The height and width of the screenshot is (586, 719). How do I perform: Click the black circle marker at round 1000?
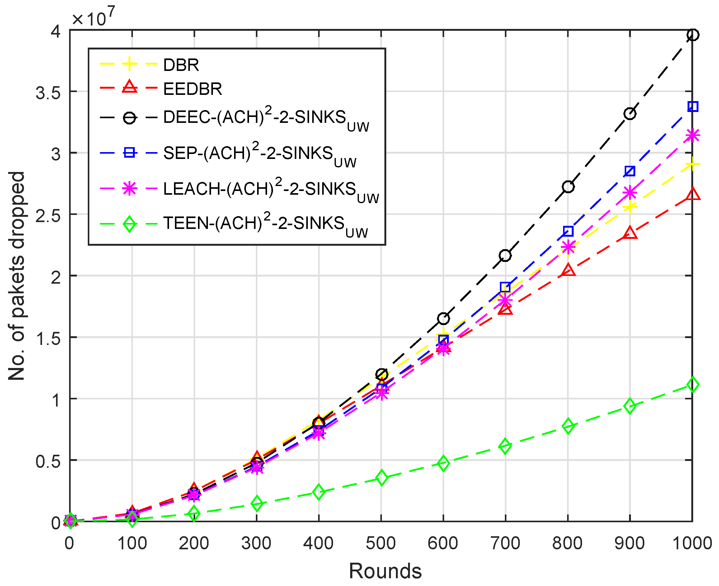(693, 35)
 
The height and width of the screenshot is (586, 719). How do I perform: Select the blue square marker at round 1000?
(693, 107)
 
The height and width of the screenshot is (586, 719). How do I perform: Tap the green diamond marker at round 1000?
(693, 385)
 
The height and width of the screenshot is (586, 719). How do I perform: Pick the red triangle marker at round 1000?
(693, 194)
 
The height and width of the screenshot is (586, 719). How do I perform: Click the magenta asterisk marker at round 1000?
(693, 135)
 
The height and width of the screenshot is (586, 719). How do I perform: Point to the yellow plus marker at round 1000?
(693, 165)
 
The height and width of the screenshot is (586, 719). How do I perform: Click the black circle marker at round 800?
(568, 187)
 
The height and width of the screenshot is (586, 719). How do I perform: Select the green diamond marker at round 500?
(381, 478)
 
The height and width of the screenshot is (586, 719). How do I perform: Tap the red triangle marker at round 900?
(630, 233)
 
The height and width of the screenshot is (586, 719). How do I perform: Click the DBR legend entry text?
(181, 65)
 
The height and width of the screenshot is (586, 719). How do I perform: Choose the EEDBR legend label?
(192, 89)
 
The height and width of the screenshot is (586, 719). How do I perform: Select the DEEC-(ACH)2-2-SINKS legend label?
(266, 118)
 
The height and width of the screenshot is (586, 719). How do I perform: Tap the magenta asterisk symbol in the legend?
(129, 188)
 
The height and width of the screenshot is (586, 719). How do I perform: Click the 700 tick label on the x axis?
(505, 544)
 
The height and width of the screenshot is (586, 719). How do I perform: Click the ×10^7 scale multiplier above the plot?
(93, 17)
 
